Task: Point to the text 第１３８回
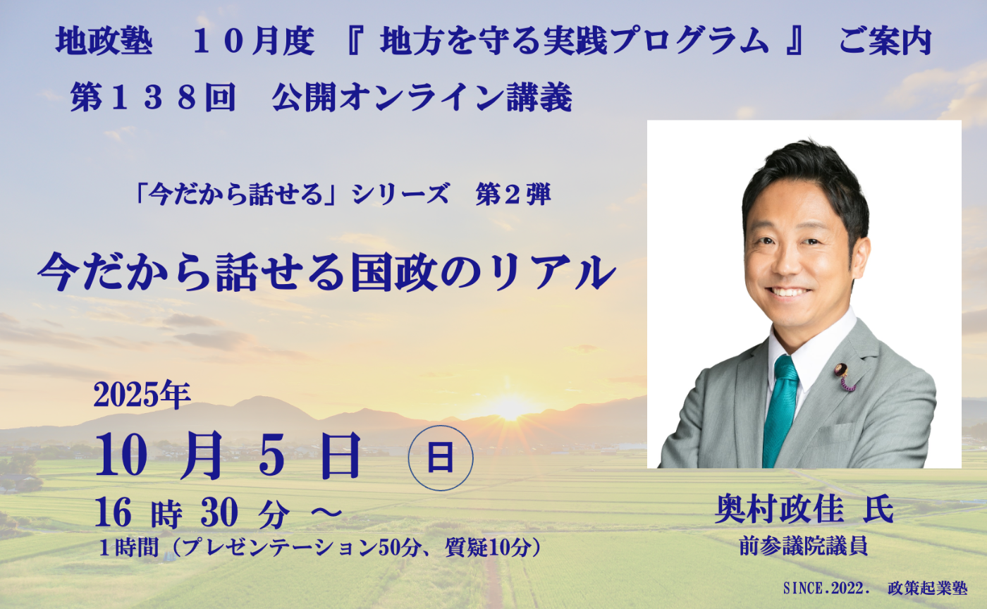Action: pyautogui.click(x=152, y=100)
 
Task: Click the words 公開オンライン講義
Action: pyautogui.click(x=422, y=100)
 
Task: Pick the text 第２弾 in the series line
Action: pyautogui.click(x=513, y=196)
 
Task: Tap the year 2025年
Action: pyautogui.click(x=142, y=398)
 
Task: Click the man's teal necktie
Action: pyautogui.click(x=780, y=409)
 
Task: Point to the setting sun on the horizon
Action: pyautogui.click(x=509, y=407)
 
